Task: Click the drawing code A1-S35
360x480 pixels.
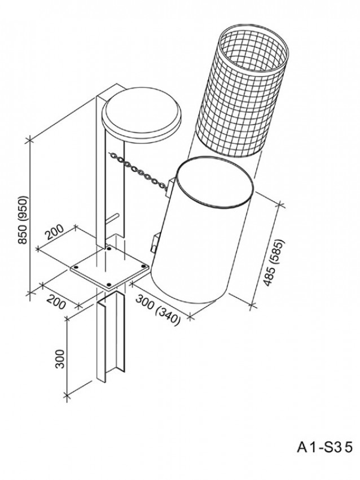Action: (x=324, y=447)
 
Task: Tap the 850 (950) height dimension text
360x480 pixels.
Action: (x=23, y=220)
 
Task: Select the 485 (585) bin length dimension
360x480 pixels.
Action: (x=274, y=263)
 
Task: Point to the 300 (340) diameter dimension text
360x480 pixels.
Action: (x=157, y=309)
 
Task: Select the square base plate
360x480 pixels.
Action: (x=109, y=267)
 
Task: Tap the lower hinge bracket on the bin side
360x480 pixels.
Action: (x=155, y=242)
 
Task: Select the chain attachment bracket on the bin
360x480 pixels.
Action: (x=170, y=186)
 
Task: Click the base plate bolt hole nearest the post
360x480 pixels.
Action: (x=108, y=248)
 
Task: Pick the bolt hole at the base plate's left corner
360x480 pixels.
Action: (x=76, y=267)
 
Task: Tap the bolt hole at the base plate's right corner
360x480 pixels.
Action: (x=143, y=267)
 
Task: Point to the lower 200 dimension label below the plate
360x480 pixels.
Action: (x=56, y=302)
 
